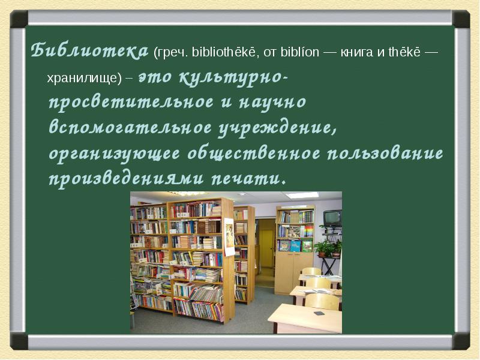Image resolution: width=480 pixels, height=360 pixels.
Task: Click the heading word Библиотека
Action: pyautogui.click(x=89, y=50)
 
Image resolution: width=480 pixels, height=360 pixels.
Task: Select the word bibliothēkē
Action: pyautogui.click(x=223, y=52)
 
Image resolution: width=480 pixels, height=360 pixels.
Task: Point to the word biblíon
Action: pyautogui.click(x=300, y=52)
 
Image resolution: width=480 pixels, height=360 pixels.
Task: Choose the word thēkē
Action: pyautogui.click(x=404, y=52)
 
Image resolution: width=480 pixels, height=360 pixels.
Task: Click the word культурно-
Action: pyautogui.click(x=233, y=78)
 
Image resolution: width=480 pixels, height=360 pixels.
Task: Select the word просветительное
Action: pyautogui.click(x=131, y=102)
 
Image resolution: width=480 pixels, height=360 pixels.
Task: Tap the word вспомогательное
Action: pyautogui.click(x=130, y=127)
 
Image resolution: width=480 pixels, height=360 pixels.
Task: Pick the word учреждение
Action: pyautogui.click(x=278, y=128)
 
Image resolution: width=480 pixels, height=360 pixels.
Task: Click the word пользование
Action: pyautogui.click(x=385, y=153)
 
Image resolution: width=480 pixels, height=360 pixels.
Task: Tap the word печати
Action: pyautogui.click(x=248, y=178)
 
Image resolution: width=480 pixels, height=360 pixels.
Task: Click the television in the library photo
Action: pyautogui.click(x=332, y=218)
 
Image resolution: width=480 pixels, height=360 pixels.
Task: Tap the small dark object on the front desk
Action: pyautogui.click(x=319, y=313)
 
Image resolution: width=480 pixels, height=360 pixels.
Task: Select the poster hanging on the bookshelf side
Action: pyautogui.click(x=229, y=236)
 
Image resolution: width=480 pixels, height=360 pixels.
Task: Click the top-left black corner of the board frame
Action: pyautogui.click(x=19, y=19)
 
